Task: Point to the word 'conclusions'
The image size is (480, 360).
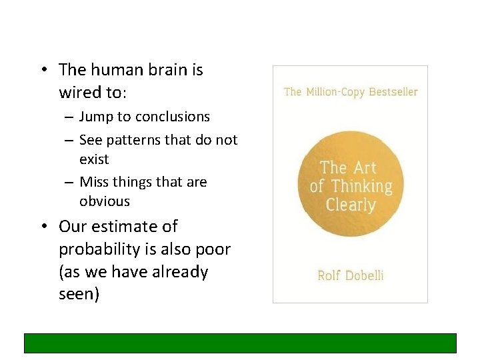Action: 172,117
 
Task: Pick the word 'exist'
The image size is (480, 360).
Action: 94,159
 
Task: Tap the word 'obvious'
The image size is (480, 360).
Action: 105,201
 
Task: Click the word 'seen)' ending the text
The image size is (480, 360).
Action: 79,295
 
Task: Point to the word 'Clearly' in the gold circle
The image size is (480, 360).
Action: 351,204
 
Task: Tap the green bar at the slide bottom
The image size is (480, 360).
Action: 240,343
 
